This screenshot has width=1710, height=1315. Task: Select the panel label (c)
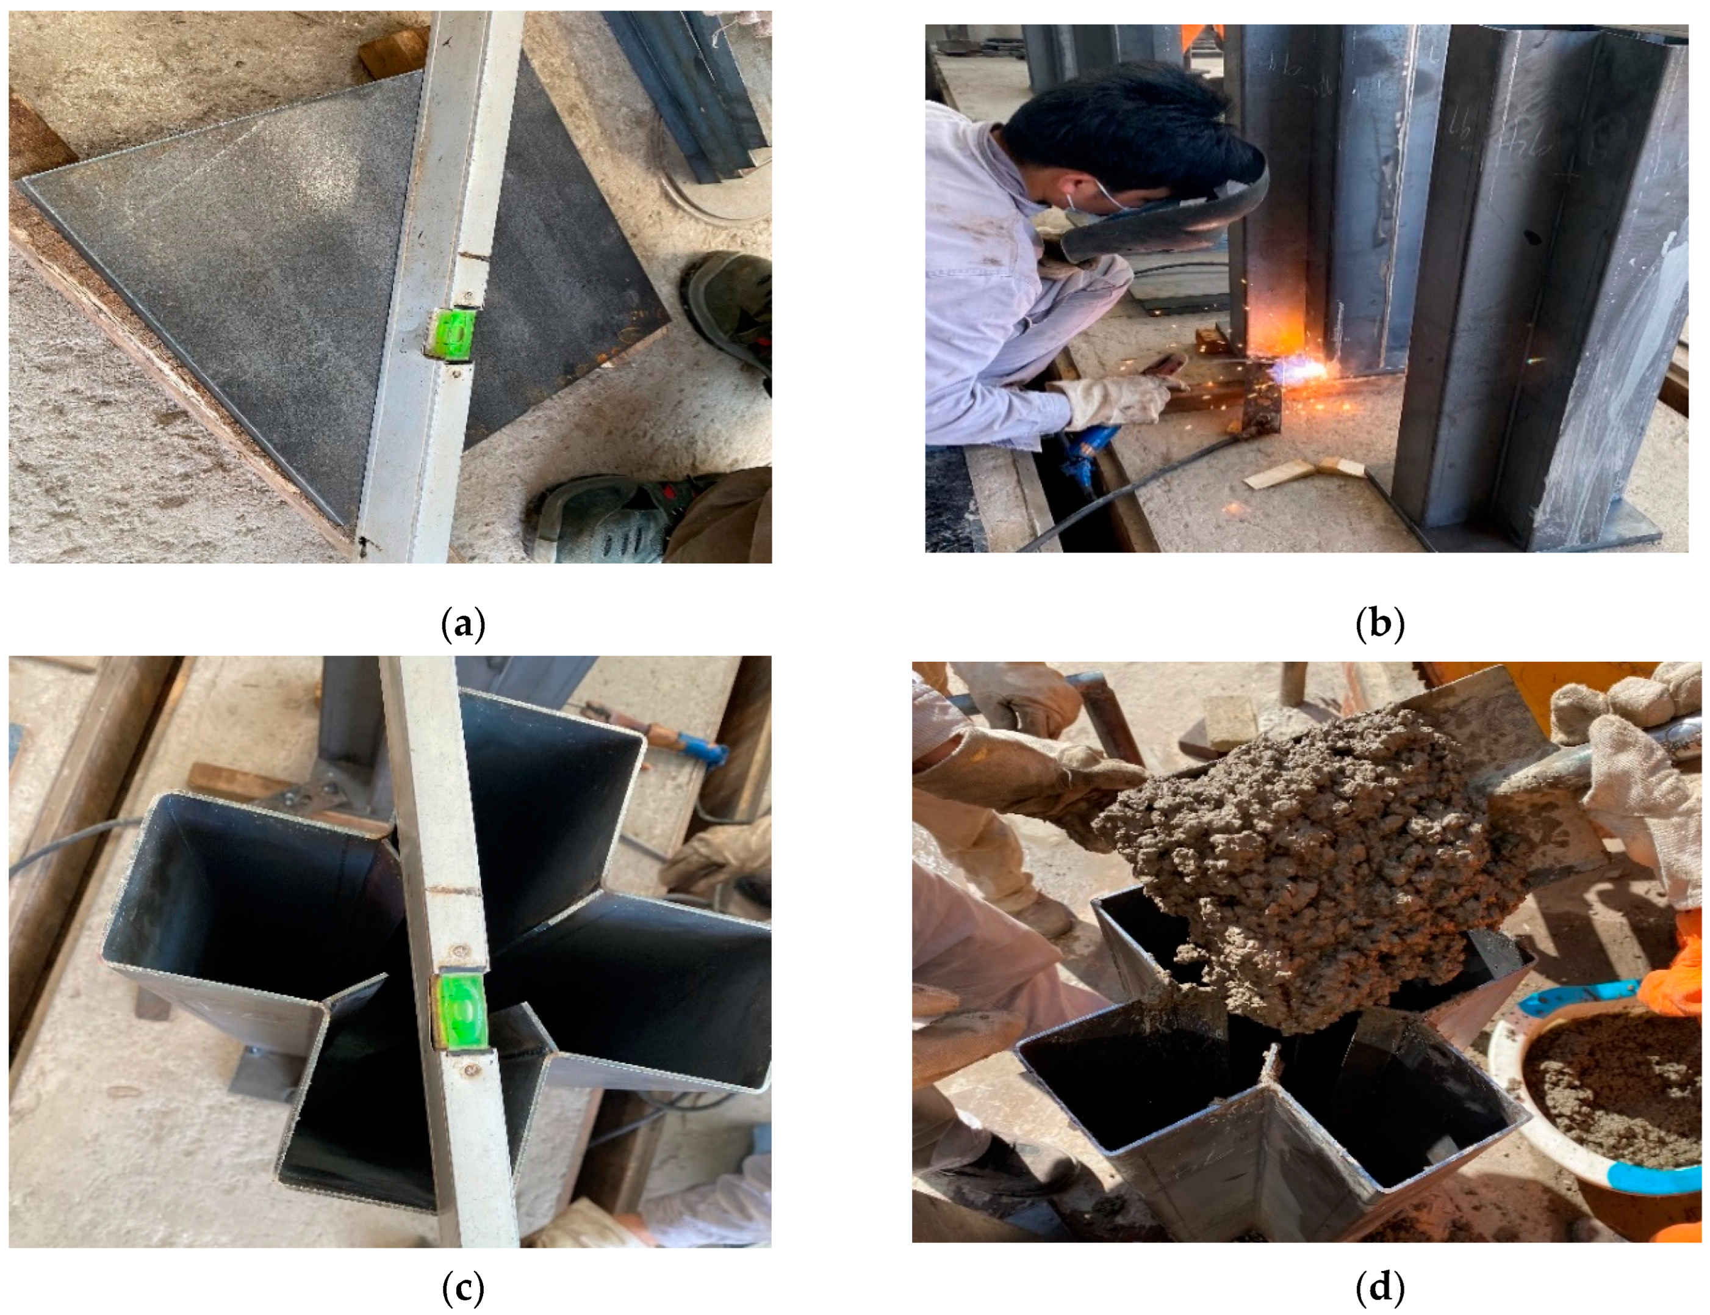[x=463, y=1287]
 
